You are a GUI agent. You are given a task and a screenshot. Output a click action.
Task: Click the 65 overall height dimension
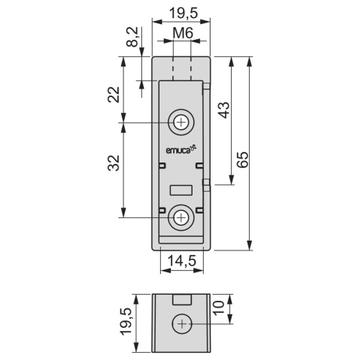[242, 159]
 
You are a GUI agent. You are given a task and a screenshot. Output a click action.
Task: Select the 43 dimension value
[224, 110]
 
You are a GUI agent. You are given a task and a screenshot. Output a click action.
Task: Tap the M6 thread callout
[183, 33]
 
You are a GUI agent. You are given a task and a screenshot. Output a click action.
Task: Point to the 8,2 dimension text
[132, 37]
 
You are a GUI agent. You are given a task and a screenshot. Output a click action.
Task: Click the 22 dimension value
[114, 95]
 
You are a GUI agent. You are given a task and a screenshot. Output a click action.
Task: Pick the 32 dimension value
[114, 163]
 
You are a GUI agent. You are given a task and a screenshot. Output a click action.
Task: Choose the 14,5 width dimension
[181, 261]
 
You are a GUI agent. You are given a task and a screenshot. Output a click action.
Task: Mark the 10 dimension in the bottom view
[219, 308]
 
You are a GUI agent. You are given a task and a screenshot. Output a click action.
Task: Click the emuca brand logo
[180, 150]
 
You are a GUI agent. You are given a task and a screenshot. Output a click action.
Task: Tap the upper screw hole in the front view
[181, 123]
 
